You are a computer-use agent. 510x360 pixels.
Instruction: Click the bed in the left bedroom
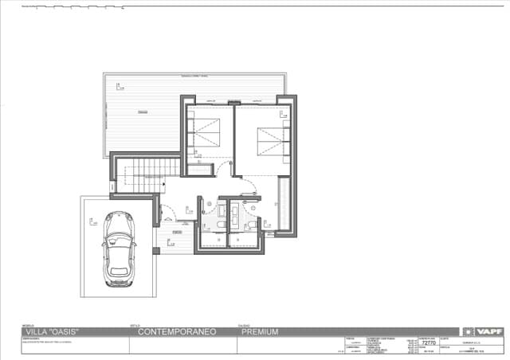[209, 129]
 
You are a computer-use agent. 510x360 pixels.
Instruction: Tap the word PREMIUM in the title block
[258, 332]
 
